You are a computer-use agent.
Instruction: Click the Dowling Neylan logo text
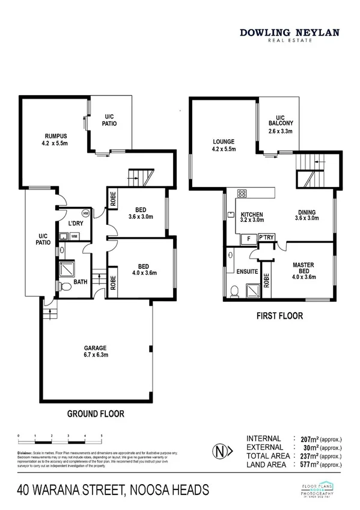290,35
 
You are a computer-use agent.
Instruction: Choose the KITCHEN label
252,217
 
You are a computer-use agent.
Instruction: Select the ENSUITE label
247,271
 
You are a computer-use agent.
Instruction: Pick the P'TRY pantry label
266,238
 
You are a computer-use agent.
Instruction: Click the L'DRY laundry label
74,223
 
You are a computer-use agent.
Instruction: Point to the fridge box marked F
248,239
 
